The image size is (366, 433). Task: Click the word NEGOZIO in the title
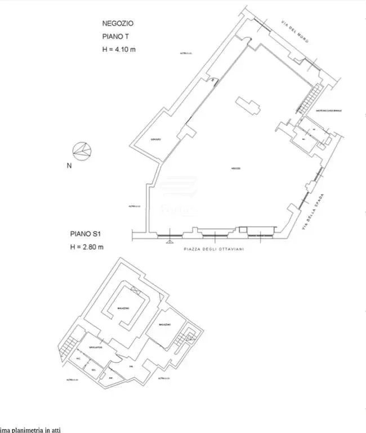point(118,24)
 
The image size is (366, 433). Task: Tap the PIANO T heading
point(115,37)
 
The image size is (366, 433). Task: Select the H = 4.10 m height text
point(119,49)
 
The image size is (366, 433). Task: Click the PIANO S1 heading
point(86,233)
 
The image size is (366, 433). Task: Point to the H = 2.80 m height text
point(87,246)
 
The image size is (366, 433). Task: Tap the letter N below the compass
point(69,166)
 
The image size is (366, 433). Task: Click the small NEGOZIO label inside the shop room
point(235,169)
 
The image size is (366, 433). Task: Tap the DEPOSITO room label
point(157,139)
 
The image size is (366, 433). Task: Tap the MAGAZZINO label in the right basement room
point(164,325)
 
